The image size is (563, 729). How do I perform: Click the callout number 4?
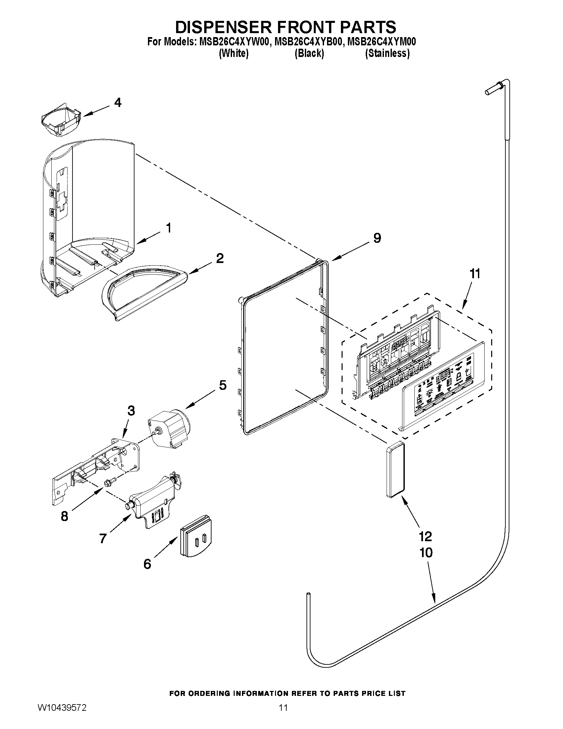[118, 103]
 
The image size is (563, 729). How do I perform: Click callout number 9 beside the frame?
[377, 238]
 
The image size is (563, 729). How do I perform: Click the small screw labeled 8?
[109, 483]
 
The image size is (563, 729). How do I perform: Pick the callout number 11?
[475, 274]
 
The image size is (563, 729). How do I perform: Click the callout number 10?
[426, 553]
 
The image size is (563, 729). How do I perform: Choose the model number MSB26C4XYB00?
[308, 42]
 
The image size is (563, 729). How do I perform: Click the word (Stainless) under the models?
[387, 53]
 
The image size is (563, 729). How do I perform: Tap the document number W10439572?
[62, 716]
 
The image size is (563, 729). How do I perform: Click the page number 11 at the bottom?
[283, 716]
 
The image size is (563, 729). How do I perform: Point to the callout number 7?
[103, 539]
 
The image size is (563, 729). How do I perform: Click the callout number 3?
[131, 411]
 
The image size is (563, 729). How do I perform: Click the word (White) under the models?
[233, 53]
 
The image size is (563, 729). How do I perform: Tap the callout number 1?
[169, 228]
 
